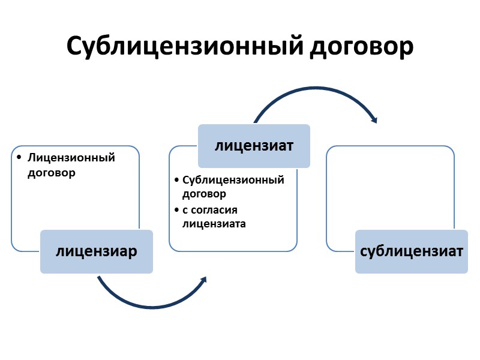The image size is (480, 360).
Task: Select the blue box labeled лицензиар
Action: tap(97, 251)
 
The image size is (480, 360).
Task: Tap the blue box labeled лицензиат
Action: tap(254, 146)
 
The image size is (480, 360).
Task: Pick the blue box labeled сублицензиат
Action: tap(412, 251)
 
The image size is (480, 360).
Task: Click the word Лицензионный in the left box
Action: tap(71, 158)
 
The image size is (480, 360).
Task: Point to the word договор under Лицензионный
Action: tap(52, 173)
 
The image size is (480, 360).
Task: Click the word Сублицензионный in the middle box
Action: tap(233, 180)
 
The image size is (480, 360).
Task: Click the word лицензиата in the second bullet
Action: tap(214, 224)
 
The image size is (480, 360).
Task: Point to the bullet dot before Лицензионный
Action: tap(19, 158)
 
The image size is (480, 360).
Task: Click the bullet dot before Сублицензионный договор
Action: tap(176, 180)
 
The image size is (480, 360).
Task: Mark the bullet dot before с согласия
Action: tap(176, 210)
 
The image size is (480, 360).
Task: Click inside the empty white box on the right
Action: tap(390, 186)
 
